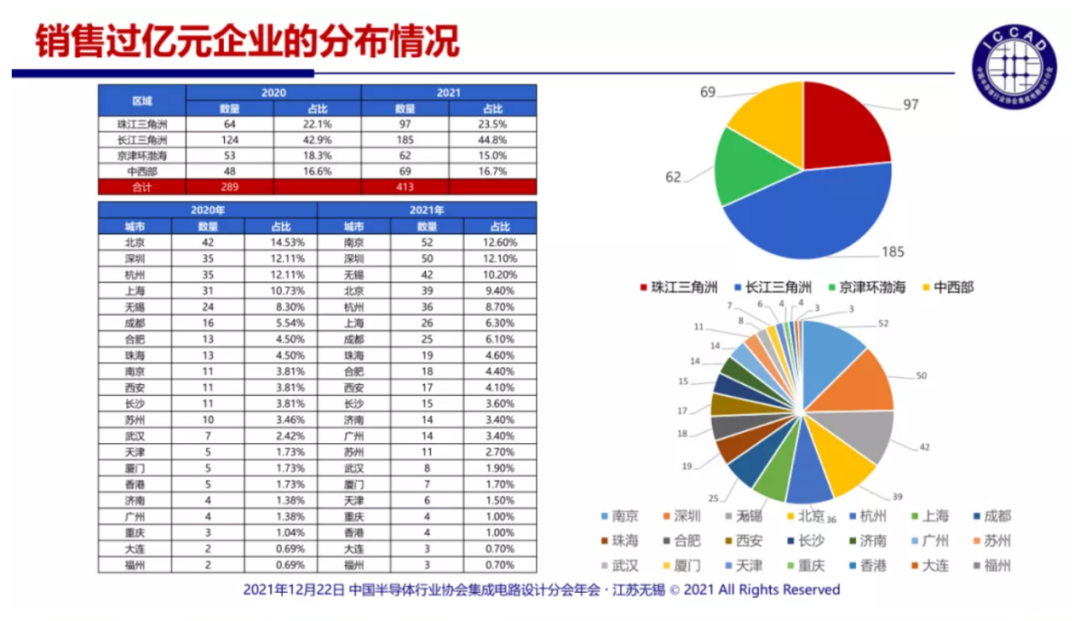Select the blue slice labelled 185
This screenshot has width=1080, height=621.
[810, 215]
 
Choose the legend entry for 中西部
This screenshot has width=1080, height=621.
[946, 287]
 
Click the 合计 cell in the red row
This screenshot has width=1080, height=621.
[142, 187]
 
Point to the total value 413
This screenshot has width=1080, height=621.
[405, 187]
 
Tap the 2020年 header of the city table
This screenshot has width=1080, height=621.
[207, 210]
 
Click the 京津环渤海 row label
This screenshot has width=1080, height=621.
[142, 155]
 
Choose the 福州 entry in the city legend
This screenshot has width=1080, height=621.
[990, 565]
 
